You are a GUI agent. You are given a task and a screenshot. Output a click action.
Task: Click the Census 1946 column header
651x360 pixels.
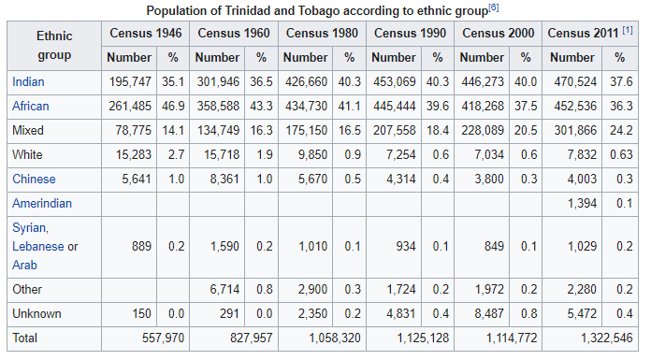(x=145, y=33)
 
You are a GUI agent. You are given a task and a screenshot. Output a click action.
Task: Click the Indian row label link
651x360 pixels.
(x=28, y=81)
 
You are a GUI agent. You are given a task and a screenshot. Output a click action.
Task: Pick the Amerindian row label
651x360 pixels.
(x=42, y=203)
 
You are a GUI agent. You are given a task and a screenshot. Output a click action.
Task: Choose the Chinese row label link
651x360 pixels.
(x=34, y=179)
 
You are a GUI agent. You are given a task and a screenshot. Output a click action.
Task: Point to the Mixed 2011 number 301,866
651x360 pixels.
(x=571, y=130)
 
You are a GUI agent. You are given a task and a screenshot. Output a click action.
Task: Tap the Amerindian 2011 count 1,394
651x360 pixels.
(x=577, y=203)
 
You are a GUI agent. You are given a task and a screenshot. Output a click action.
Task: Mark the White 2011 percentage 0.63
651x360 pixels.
(x=620, y=154)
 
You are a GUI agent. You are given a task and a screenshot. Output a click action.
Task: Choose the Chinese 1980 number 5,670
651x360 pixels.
(x=312, y=179)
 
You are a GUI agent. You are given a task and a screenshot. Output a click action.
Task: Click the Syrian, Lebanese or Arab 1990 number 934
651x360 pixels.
(x=404, y=246)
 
